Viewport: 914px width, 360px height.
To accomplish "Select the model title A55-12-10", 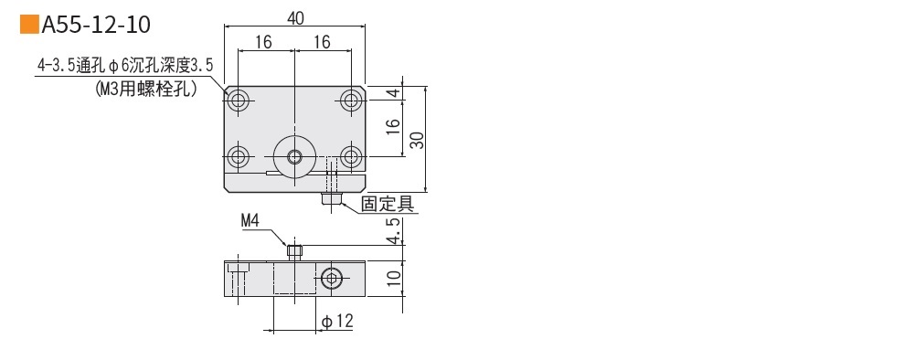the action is [x=96, y=25].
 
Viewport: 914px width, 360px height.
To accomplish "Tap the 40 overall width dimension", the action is [x=295, y=18].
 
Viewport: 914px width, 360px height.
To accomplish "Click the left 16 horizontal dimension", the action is [x=263, y=42].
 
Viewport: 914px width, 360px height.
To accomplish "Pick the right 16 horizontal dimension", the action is [x=322, y=42].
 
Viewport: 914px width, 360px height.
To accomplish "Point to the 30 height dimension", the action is [x=418, y=140].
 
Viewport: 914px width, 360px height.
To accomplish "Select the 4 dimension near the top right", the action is [x=394, y=93].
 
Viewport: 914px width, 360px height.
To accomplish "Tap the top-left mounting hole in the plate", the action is [x=238, y=101].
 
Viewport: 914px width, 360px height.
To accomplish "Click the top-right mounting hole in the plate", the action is [x=351, y=101].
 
